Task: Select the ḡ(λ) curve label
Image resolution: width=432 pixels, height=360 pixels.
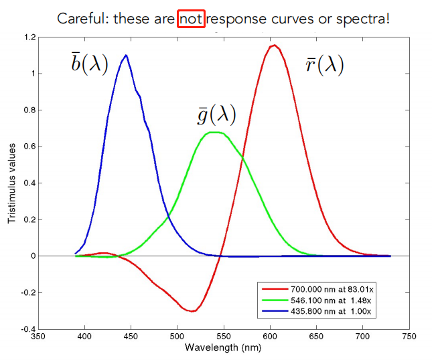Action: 216,114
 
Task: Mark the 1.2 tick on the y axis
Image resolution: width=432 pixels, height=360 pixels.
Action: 27,37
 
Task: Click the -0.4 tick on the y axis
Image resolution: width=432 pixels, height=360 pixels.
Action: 25,329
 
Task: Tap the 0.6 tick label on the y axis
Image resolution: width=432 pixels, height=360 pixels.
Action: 27,147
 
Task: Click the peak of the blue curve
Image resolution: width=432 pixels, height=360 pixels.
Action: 126,55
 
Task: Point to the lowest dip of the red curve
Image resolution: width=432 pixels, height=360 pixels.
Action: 192,311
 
